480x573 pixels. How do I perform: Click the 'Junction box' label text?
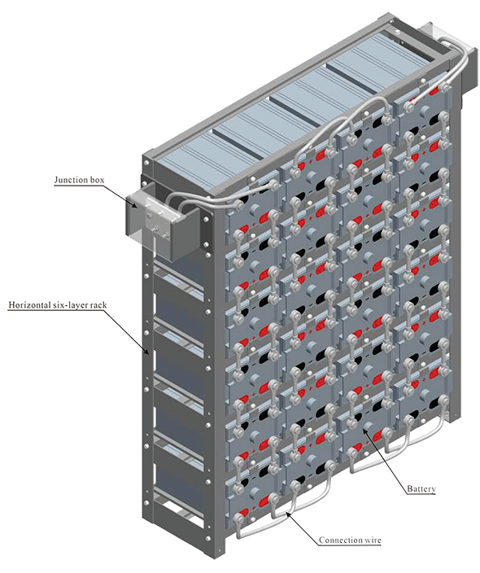coord(79,180)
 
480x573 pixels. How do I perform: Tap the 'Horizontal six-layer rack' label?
coord(58,304)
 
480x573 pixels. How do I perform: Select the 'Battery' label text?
coord(421,488)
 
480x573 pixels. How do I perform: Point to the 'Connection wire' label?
coord(350,540)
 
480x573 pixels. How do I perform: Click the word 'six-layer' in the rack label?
coord(72,304)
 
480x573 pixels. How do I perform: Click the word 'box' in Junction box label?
coord(97,180)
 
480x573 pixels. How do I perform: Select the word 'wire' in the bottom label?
coord(373,540)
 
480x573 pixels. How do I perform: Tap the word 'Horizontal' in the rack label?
coord(30,304)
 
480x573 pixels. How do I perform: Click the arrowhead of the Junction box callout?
coord(136,206)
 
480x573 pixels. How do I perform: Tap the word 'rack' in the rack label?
coord(99,304)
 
